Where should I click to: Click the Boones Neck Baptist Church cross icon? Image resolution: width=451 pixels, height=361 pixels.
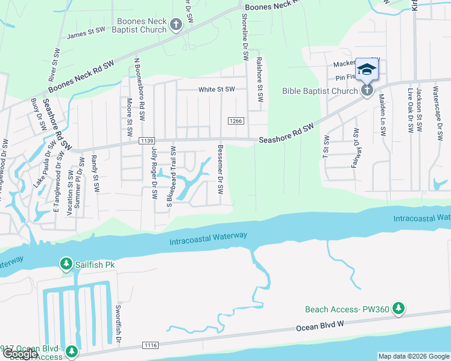[x=175, y=25]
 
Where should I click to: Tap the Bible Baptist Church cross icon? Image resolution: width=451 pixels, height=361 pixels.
[x=367, y=91]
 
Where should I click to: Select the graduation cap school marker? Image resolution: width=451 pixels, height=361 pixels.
[x=367, y=70]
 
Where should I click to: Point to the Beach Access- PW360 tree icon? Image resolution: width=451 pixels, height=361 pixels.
[x=398, y=309]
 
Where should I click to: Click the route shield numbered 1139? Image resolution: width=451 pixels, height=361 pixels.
[x=145, y=141]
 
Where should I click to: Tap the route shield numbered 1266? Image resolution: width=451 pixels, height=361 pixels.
[x=236, y=121]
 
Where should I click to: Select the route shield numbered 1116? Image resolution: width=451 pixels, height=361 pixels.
[x=151, y=345]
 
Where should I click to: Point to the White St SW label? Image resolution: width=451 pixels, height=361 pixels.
[x=216, y=90]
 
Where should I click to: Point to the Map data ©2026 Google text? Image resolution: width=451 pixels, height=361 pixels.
[x=414, y=356]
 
